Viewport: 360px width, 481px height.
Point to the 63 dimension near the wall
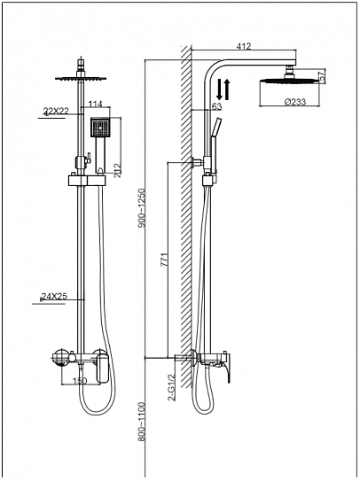[x=217, y=107]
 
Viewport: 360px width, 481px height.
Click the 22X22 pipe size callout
[x=56, y=111]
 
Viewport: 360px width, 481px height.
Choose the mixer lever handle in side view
[x=232, y=371]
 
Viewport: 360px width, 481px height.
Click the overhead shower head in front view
[x=81, y=78]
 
